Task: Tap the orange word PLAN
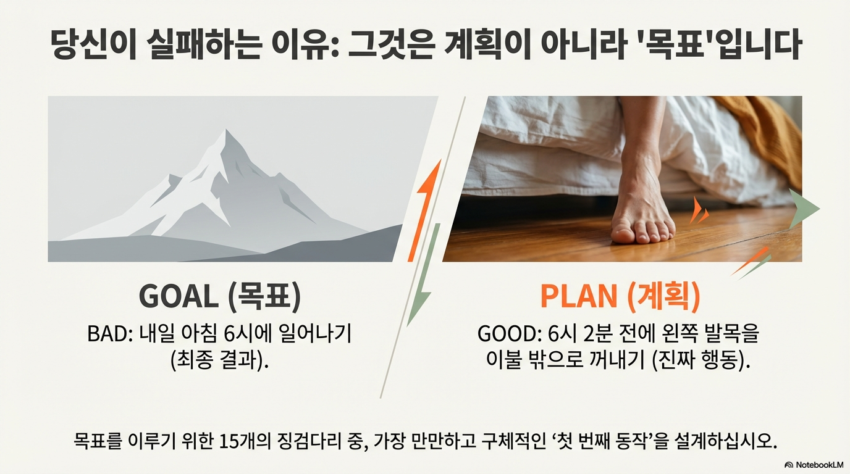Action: click(x=579, y=296)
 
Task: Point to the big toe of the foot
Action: click(x=621, y=235)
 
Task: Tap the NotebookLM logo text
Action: click(x=816, y=465)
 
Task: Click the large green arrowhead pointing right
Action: click(x=804, y=209)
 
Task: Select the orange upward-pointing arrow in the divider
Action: click(x=425, y=210)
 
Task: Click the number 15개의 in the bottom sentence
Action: click(x=245, y=441)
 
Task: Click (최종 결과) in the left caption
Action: click(x=219, y=359)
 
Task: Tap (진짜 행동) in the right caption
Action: click(x=701, y=359)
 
